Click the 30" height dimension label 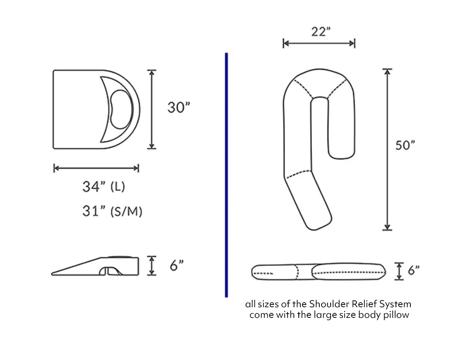click(178, 107)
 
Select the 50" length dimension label click(405, 145)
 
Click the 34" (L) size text click(104, 186)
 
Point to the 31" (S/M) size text click(112, 211)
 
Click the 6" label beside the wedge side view click(177, 265)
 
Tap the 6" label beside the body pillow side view click(413, 270)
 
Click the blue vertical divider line click(226, 175)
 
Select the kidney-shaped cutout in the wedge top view click(120, 109)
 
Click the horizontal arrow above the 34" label click(96, 168)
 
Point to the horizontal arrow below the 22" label click(319, 44)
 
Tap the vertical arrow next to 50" click(387, 149)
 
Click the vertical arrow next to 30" click(151, 109)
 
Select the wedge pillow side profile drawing click(95, 267)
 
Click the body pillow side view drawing click(318, 272)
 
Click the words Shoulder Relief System click(360, 304)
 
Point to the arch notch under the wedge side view click(108, 271)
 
